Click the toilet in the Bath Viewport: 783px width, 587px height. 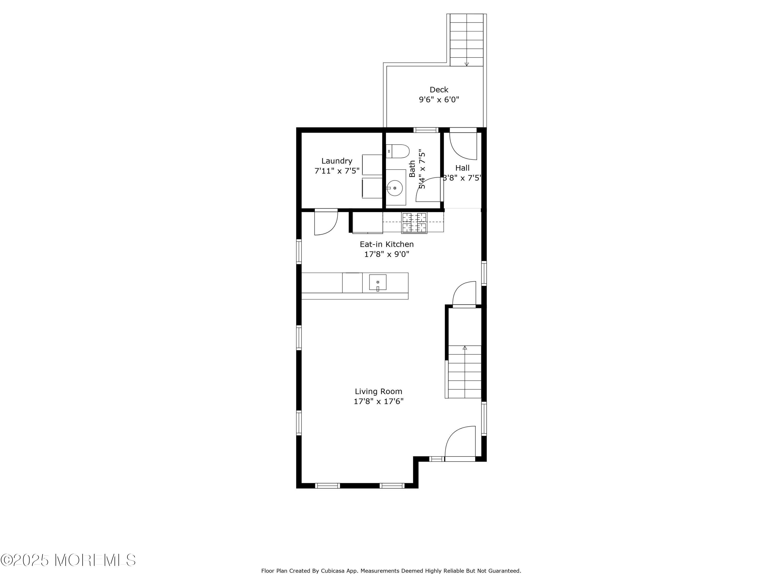[x=397, y=151]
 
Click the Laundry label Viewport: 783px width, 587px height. [x=337, y=161]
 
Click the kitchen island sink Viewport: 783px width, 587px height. [x=377, y=282]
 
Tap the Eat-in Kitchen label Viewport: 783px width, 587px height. [x=387, y=244]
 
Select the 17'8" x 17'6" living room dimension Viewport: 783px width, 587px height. [x=378, y=401]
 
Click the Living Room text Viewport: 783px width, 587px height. [x=378, y=391]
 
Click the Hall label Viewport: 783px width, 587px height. [x=462, y=168]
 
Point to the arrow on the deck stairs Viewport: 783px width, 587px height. [x=467, y=64]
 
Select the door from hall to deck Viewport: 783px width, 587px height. [x=463, y=145]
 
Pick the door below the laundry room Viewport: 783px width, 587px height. [x=326, y=223]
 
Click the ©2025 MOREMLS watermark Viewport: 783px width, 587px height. [x=68, y=560]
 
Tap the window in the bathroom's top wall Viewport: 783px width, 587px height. [x=426, y=130]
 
